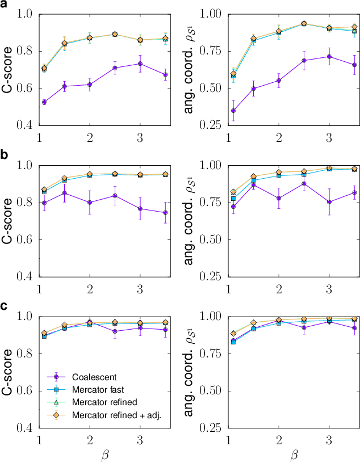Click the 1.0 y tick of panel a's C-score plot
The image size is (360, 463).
26,14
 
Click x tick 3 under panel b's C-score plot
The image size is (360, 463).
140,288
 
